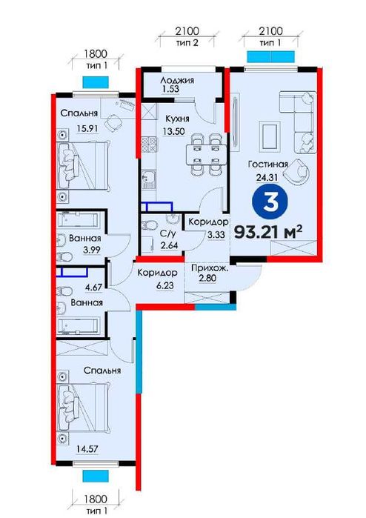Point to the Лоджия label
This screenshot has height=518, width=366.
(x=178, y=80)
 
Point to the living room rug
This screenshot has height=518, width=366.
(x=268, y=135)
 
